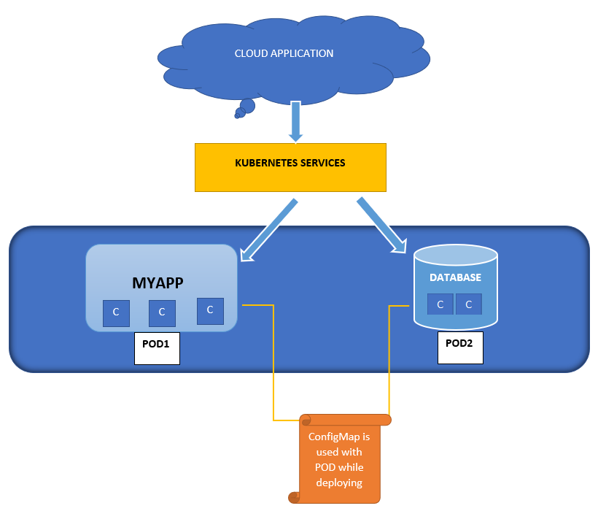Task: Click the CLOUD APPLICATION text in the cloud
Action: pyautogui.click(x=284, y=53)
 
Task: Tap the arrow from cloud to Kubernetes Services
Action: pyautogui.click(x=295, y=120)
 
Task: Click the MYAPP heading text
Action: pyautogui.click(x=157, y=283)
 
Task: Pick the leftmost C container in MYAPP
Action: pyautogui.click(x=115, y=312)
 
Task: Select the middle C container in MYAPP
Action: pyautogui.click(x=162, y=312)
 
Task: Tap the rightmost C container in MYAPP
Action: pyautogui.click(x=210, y=310)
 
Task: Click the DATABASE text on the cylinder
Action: pyautogui.click(x=455, y=277)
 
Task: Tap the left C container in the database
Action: pyautogui.click(x=440, y=304)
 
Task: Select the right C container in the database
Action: pyautogui.click(x=469, y=304)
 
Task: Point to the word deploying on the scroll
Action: pyautogui.click(x=339, y=483)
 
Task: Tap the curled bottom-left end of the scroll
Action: pyautogui.click(x=295, y=497)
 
